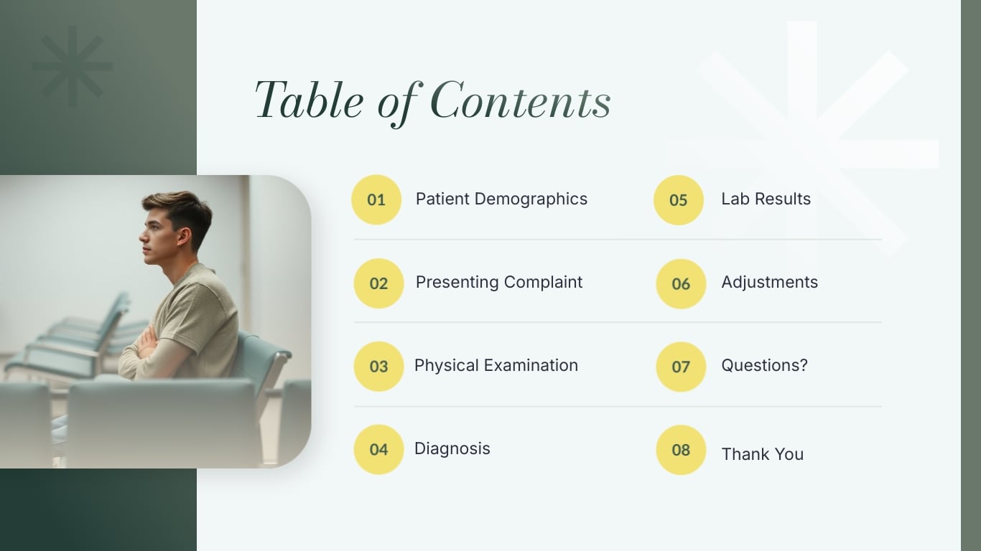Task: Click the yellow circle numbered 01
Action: (376, 199)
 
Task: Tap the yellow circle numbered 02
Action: (378, 283)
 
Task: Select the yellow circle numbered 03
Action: (378, 367)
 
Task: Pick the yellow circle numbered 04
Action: (378, 450)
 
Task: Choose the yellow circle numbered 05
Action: (679, 200)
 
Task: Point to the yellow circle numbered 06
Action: (681, 284)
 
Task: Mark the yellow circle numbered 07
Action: (681, 367)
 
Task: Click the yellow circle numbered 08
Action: (681, 450)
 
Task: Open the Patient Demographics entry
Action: (501, 199)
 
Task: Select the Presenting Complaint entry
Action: (499, 283)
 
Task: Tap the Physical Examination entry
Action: (496, 366)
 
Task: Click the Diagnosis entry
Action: (452, 449)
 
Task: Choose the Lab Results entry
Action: (766, 199)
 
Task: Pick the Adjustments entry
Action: (769, 283)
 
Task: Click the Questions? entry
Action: (764, 366)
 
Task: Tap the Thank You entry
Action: (762, 455)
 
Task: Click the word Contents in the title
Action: (521, 100)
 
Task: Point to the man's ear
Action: (184, 236)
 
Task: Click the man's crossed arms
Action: (147, 343)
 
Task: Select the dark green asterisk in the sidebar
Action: (73, 67)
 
